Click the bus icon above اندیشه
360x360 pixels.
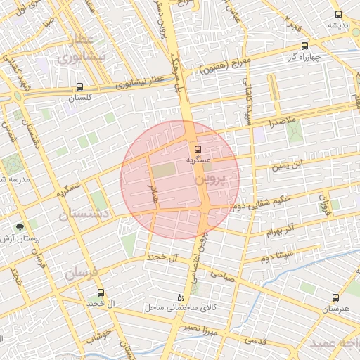coord(338,14)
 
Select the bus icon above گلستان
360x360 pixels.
coord(79,87)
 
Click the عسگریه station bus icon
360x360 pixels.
coord(198,149)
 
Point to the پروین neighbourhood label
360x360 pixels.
coord(210,179)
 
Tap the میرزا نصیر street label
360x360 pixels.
coord(198,328)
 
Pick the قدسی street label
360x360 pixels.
coord(255,340)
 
